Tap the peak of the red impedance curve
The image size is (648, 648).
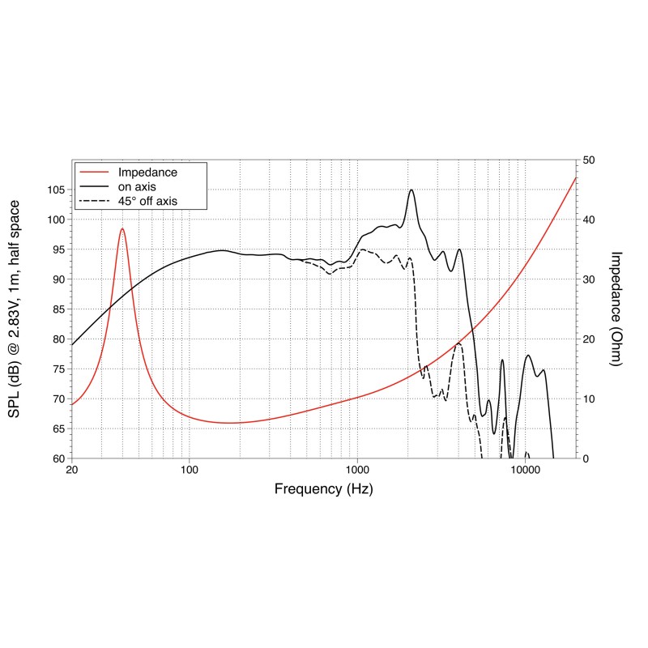coord(122,228)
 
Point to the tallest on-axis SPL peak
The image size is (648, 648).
coord(411,190)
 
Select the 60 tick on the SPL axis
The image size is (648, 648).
coord(56,458)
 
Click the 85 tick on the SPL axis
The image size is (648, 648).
coord(56,309)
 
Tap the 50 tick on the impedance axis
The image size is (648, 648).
coord(590,160)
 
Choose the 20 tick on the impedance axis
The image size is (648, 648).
coord(590,339)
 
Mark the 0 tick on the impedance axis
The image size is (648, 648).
coord(586,458)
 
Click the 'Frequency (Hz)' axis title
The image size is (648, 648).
coord(324,489)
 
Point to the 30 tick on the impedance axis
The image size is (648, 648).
coord(590,279)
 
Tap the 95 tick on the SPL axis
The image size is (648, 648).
coord(56,249)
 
